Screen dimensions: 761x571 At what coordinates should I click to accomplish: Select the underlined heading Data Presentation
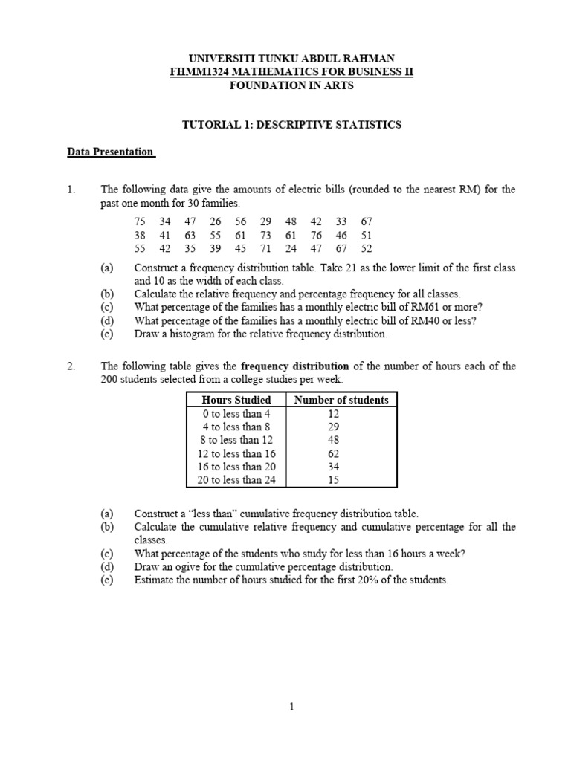pos(110,152)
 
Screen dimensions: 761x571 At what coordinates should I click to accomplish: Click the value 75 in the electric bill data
pos(141,222)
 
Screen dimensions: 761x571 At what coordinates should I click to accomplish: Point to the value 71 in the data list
pos(265,249)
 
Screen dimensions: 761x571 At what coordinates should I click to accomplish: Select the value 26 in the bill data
pos(216,222)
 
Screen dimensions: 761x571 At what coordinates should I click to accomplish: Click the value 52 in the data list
pos(366,249)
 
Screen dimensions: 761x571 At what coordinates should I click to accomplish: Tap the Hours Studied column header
pos(236,400)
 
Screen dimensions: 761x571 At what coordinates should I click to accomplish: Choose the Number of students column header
pos(341,400)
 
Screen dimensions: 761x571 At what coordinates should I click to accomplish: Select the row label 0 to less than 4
pos(236,413)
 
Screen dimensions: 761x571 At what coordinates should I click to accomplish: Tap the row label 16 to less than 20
pos(236,467)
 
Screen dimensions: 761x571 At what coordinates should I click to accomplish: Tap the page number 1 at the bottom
pos(292,707)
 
